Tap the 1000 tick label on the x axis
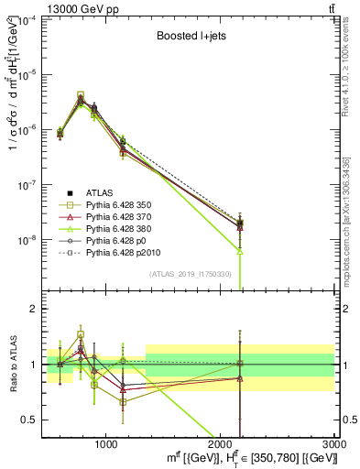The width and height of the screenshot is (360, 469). pyautogui.click(x=106, y=442)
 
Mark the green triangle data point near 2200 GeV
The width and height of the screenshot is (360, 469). pyautogui.click(x=240, y=250)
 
